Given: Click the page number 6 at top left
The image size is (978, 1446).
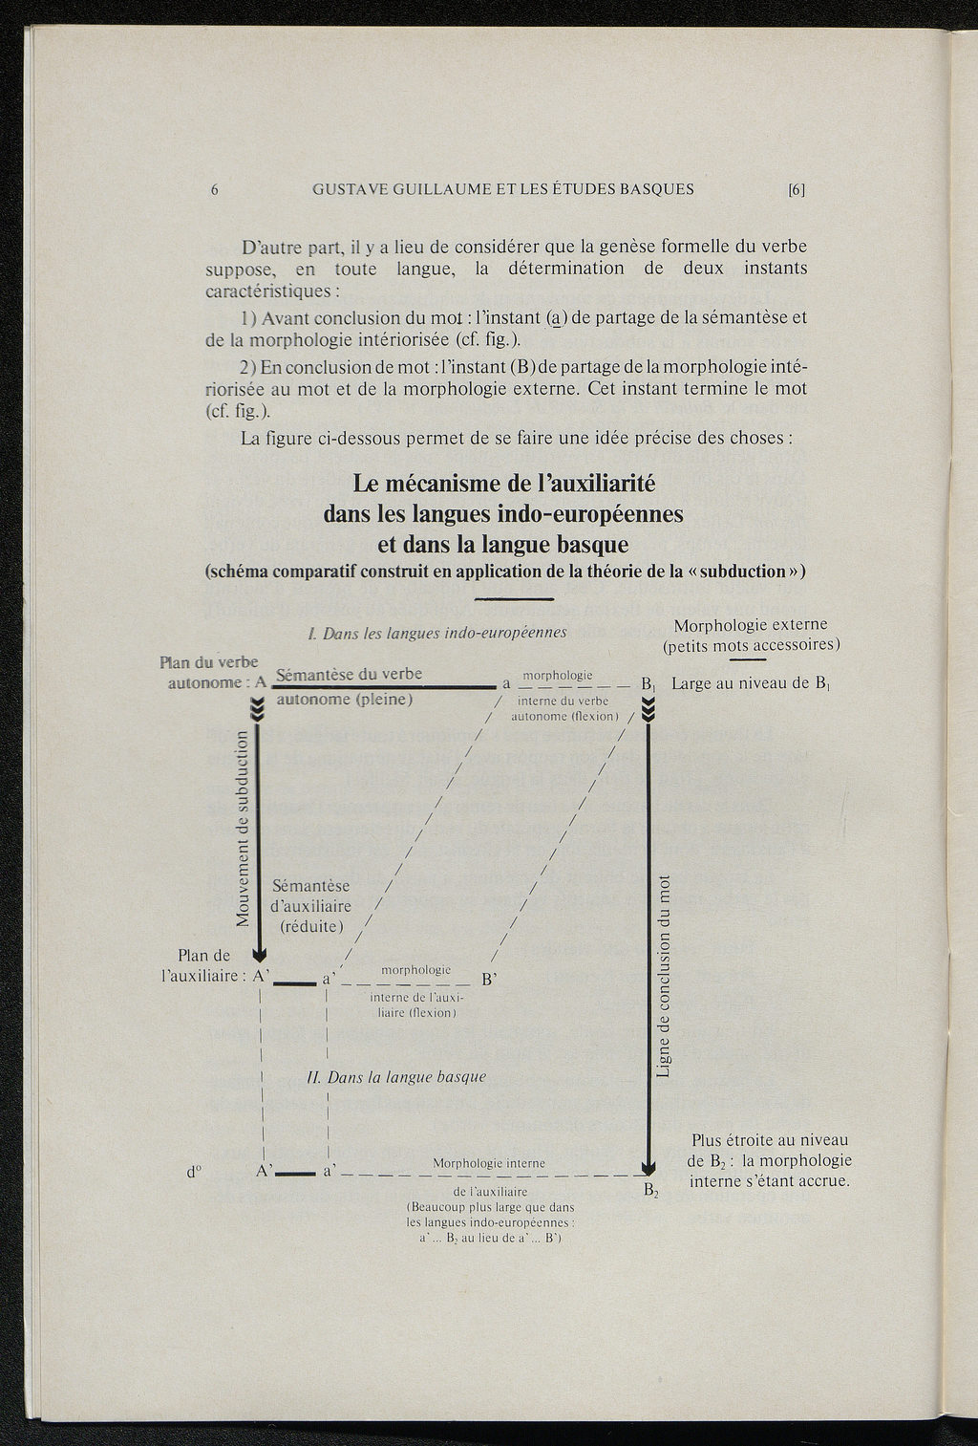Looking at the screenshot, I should pos(215,189).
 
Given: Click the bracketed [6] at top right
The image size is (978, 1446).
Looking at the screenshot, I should pos(797,189).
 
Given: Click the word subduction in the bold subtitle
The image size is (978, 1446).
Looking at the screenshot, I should pos(742,572).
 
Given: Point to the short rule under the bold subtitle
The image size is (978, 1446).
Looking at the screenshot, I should pos(514,599).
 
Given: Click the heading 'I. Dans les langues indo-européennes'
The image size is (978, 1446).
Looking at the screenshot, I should pos(437,633).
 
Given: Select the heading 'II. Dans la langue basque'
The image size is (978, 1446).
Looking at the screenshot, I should pos(396,1076).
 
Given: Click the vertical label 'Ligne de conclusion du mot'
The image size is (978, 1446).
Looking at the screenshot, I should pos(665,975).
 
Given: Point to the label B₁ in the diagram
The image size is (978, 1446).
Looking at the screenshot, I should pos(648,684).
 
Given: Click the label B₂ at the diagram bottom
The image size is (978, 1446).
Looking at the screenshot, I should pos(650,1191).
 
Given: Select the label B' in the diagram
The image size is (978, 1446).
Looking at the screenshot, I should pos(489,980).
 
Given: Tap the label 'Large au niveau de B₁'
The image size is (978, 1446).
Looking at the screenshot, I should pos(751,683).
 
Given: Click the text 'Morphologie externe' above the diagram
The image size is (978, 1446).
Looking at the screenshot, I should pos(751,625).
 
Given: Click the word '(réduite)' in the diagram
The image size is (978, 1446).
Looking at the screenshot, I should pos(311,926).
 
